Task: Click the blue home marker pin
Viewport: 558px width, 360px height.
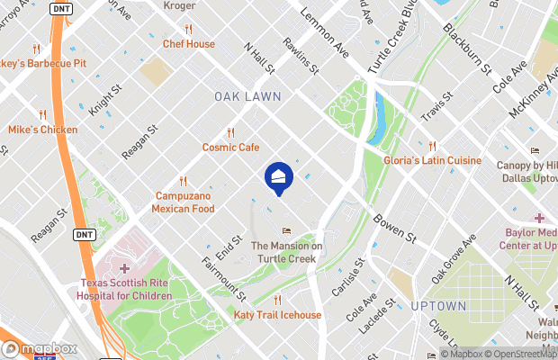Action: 277,178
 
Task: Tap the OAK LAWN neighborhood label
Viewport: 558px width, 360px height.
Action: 247,95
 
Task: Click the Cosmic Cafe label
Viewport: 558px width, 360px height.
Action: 230,147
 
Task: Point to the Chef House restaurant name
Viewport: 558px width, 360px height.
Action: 188,43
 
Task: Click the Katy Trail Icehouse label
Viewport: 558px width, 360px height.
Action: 277,315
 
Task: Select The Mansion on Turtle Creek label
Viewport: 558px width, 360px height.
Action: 286,251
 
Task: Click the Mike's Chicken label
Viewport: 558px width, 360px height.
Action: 42,130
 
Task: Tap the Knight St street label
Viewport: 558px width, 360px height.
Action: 104,100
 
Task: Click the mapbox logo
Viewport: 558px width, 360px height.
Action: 38,348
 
